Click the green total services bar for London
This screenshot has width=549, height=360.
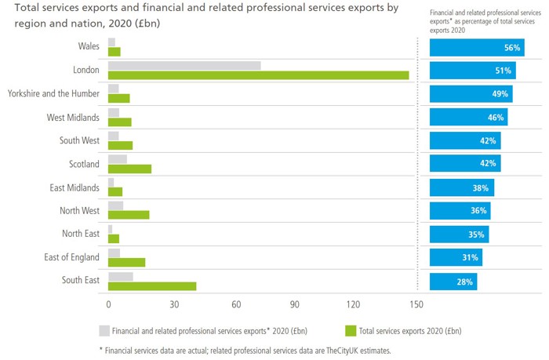coord(259,75)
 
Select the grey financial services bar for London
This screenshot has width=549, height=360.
coord(184,65)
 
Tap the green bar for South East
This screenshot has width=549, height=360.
coord(152,286)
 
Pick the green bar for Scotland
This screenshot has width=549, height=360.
coord(129,169)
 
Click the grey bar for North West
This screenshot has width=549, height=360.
coord(115,205)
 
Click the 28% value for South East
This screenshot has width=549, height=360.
coord(465,282)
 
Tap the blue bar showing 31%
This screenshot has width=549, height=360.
coord(456,258)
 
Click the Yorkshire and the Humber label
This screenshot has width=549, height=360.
coord(53,93)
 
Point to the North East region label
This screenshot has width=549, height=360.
coord(81,234)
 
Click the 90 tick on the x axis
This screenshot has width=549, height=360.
coord(294,304)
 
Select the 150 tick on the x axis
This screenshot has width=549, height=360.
coord(416,304)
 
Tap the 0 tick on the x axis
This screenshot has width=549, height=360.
coord(108,304)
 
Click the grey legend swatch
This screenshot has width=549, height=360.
coord(104,331)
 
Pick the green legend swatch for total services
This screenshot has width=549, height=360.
coord(350,331)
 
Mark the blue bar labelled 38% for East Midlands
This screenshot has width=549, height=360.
coord(461,187)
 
